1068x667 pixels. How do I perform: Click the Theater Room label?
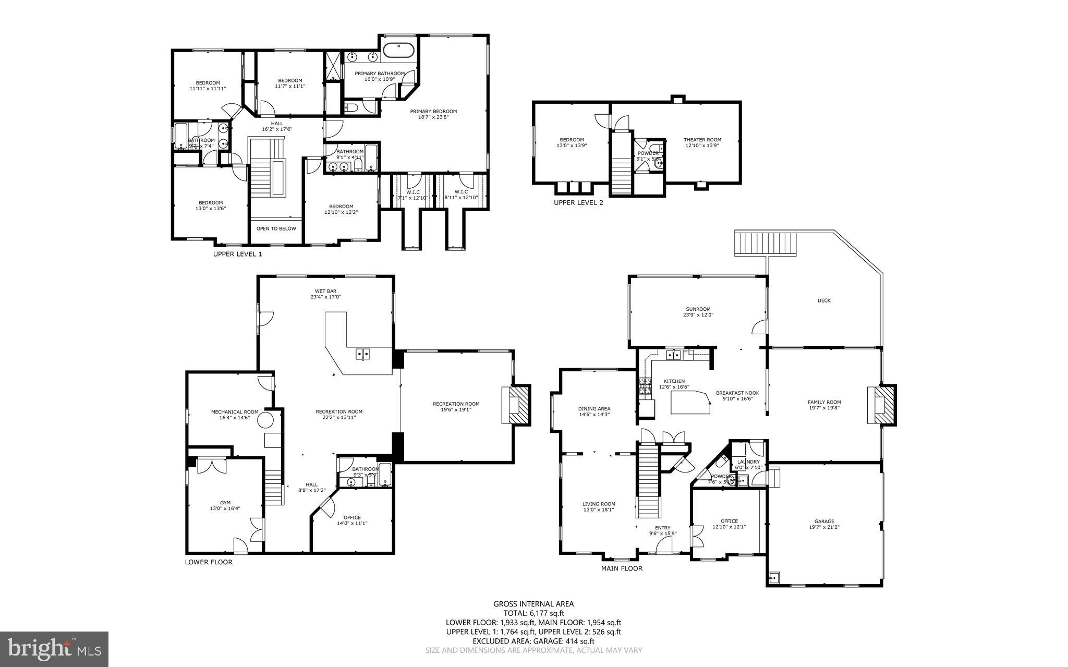(x=702, y=140)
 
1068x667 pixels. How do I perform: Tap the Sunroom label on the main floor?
(x=698, y=309)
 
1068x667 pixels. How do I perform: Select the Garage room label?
(x=824, y=521)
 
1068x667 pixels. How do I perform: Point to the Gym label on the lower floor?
(x=225, y=503)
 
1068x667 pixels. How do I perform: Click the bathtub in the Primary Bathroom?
(x=399, y=51)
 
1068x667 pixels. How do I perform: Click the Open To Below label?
(x=276, y=228)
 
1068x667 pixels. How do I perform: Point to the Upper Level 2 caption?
(x=578, y=202)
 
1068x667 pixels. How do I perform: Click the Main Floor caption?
(x=622, y=568)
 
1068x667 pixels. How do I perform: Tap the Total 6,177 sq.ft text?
(x=533, y=613)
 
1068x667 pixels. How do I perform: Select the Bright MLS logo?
(x=54, y=649)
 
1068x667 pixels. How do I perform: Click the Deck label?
(x=824, y=300)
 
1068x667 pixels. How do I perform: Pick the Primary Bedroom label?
(x=433, y=111)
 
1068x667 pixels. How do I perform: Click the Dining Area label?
(x=594, y=409)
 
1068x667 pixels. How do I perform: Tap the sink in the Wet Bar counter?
(x=363, y=354)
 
